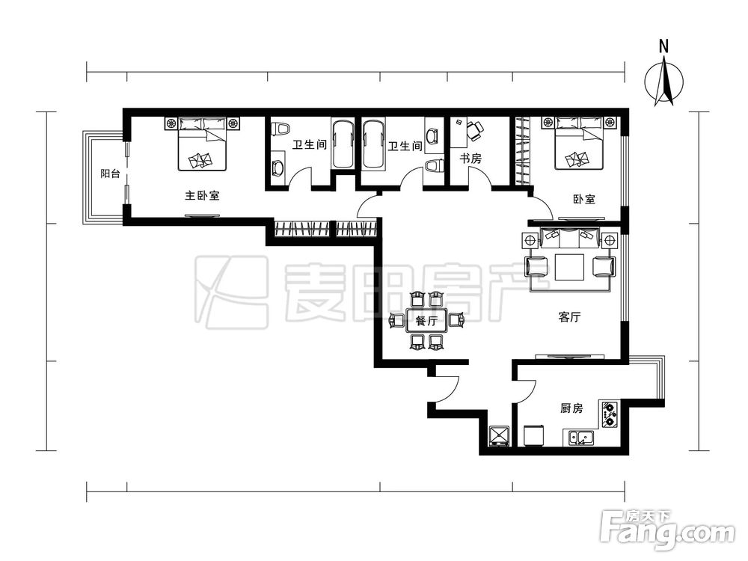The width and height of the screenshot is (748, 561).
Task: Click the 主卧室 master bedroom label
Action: tap(202, 195)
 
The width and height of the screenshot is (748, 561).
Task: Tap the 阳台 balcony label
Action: tap(110, 174)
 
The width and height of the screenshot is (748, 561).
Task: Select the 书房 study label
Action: tap(470, 159)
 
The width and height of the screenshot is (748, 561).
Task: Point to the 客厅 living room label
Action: tap(569, 317)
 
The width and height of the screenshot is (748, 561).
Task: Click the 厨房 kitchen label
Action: tap(571, 408)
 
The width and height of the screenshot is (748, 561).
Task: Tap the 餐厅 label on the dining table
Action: tap(426, 321)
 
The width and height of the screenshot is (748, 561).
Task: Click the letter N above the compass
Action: tap(663, 46)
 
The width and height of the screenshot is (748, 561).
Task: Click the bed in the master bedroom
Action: tap(202, 144)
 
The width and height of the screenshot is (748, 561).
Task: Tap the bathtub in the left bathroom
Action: tap(343, 144)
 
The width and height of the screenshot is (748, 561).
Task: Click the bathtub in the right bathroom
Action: tap(373, 144)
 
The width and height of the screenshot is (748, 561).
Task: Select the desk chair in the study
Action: tap(475, 130)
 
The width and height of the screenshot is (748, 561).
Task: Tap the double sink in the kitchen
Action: tap(581, 438)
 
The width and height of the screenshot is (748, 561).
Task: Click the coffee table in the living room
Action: tap(569, 267)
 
